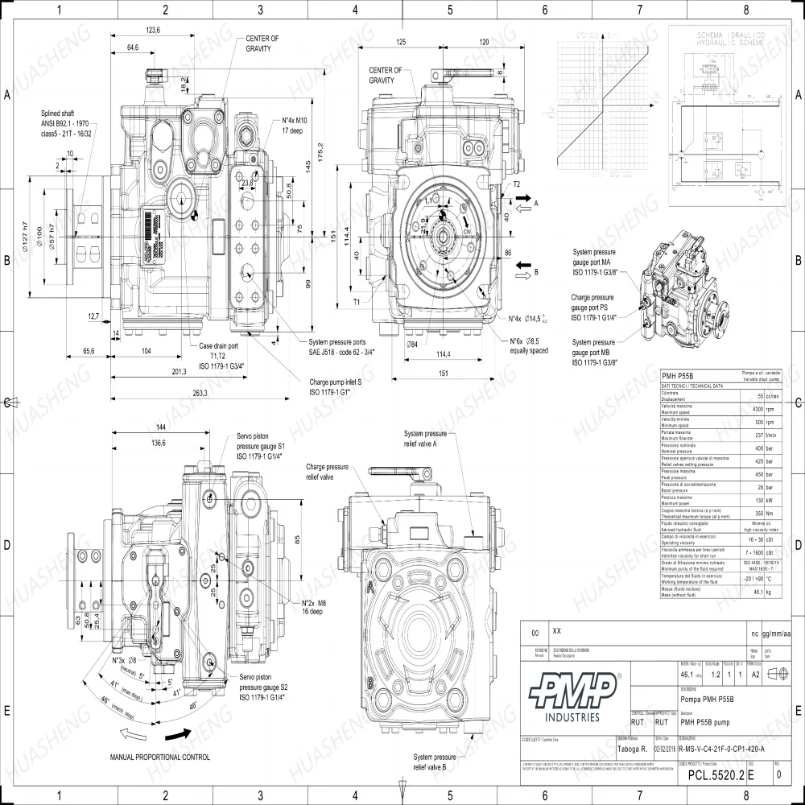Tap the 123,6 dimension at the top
point(153,30)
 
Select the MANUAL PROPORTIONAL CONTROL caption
point(159,757)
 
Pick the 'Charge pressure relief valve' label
point(327,471)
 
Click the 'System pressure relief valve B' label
point(436,762)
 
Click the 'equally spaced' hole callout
point(527,351)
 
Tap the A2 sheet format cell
point(756,675)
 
